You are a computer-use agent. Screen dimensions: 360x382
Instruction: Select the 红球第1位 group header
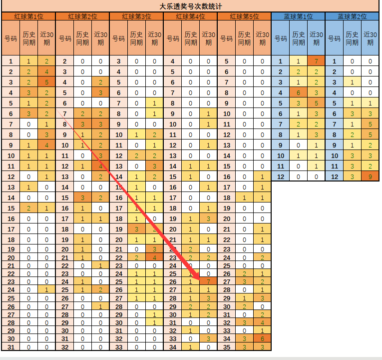pyautogui.click(x=28, y=16)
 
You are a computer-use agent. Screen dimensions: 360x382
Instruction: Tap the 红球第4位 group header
pyautogui.click(x=190, y=16)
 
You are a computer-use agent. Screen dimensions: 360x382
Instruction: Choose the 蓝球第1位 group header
pyautogui.click(x=298, y=16)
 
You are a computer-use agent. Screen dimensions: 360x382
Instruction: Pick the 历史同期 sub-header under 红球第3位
pyautogui.click(x=136, y=38)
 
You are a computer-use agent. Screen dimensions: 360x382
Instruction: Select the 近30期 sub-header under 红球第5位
pyautogui.click(x=262, y=38)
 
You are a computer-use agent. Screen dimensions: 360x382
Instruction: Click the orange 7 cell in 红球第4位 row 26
pyautogui.click(x=208, y=281)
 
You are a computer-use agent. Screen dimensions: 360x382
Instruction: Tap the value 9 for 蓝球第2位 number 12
pyautogui.click(x=370, y=176)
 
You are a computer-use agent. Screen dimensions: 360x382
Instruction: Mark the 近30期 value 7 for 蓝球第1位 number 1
pyautogui.click(x=316, y=61)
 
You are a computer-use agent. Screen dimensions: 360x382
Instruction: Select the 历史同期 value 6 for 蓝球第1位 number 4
pyautogui.click(x=298, y=92)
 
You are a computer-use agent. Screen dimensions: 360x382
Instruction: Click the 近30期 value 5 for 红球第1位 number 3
pyautogui.click(x=46, y=82)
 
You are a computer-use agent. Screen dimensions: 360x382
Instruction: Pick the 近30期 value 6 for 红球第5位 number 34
pyautogui.click(x=262, y=338)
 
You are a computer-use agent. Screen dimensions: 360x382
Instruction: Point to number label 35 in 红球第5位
pyautogui.click(x=226, y=347)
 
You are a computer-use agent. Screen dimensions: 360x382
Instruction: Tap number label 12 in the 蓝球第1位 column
pyautogui.click(x=280, y=176)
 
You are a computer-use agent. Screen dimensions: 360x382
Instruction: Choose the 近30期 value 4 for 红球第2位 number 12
pyautogui.click(x=100, y=166)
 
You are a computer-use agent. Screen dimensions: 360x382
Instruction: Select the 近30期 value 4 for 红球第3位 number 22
pyautogui.click(x=154, y=257)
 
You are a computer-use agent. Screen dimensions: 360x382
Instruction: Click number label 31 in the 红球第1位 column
pyautogui.click(x=10, y=347)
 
